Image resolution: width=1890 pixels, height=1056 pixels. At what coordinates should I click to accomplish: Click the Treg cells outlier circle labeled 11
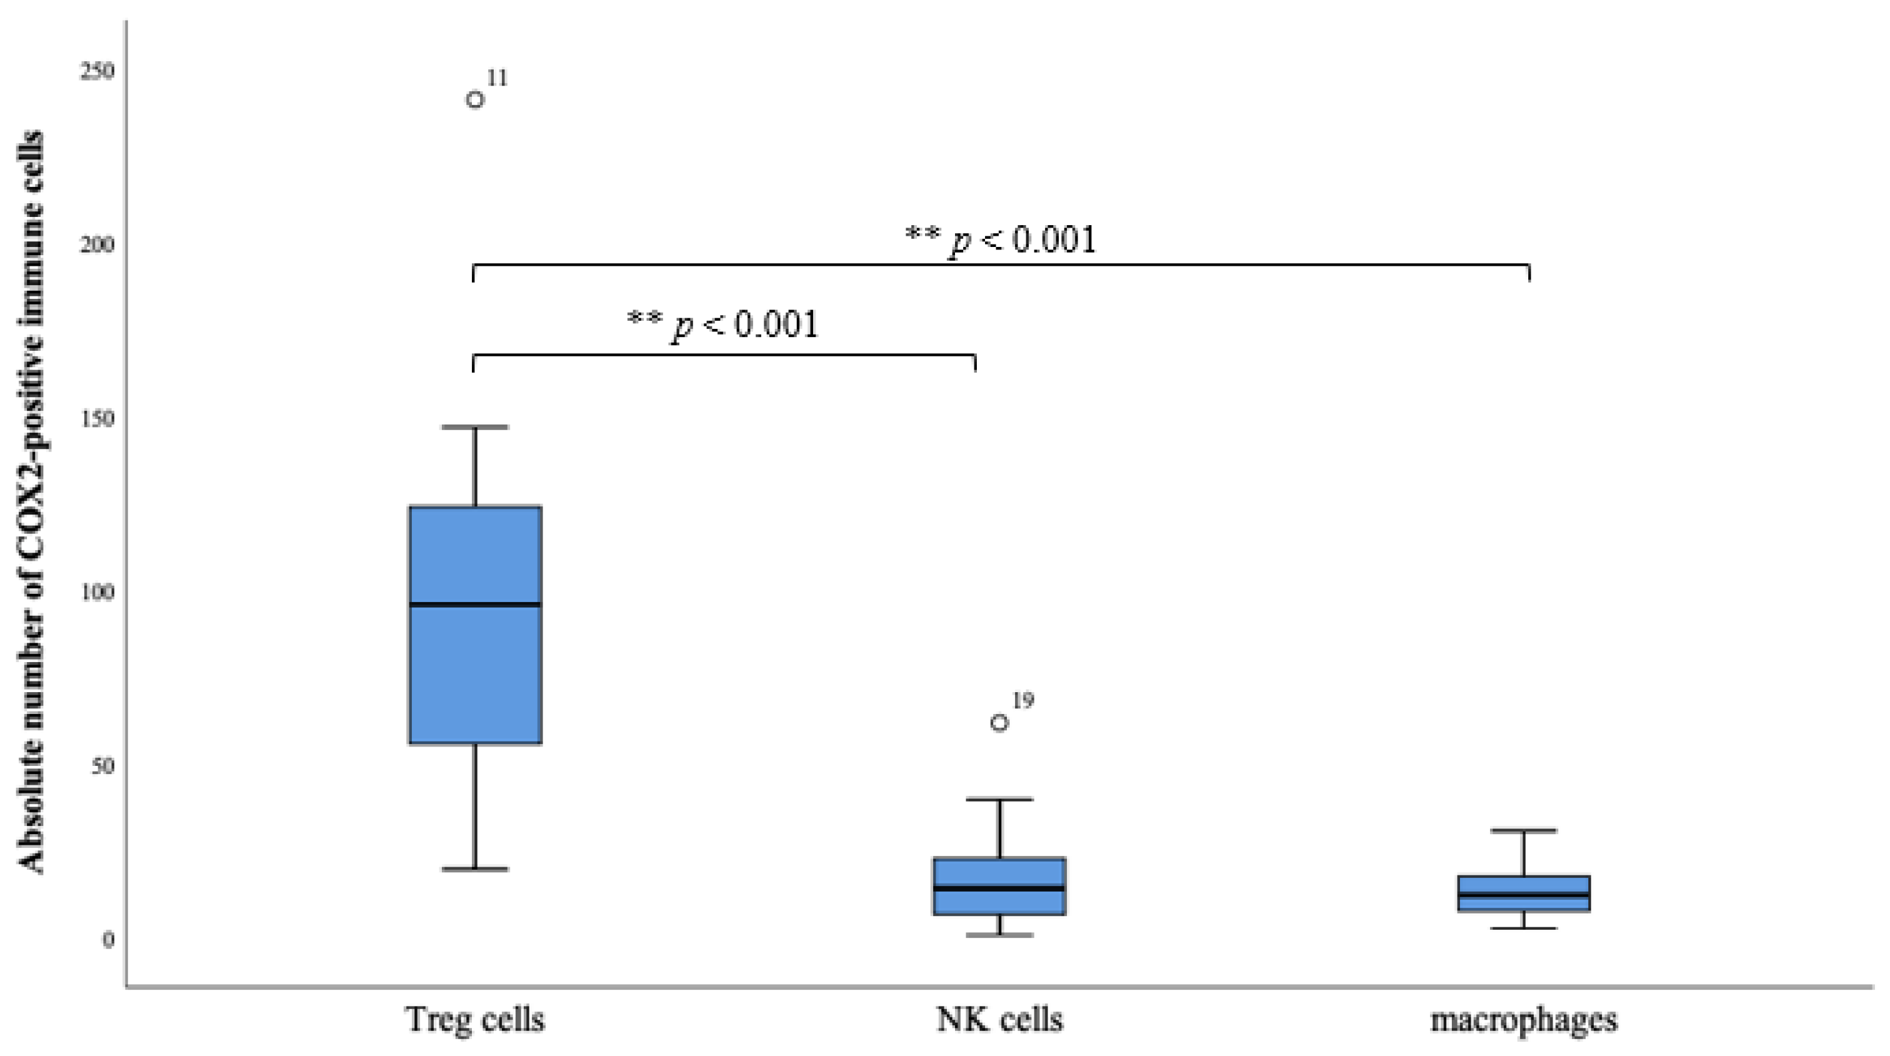coord(476,99)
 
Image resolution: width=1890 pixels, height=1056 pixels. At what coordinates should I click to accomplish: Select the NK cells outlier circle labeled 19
coord(999,723)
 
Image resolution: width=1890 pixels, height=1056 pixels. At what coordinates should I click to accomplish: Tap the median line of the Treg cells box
coord(476,604)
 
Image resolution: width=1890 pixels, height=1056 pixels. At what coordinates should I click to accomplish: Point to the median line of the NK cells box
coord(999,888)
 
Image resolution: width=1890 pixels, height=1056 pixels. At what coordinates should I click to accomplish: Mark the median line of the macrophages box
coord(1524,895)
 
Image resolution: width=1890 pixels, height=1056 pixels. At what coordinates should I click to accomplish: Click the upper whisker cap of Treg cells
coord(476,426)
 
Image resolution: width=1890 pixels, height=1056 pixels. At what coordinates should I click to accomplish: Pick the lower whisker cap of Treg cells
coord(476,869)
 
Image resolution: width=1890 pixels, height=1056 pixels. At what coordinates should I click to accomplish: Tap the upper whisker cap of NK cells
coord(999,799)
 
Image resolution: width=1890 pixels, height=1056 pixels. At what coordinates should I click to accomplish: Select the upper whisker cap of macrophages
coord(1524,831)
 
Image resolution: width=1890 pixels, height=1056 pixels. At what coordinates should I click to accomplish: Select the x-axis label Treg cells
coord(476,1020)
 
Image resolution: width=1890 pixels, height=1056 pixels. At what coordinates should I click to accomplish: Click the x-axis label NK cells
coord(999,1020)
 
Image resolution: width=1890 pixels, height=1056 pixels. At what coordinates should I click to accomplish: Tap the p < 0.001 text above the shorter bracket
coord(722,324)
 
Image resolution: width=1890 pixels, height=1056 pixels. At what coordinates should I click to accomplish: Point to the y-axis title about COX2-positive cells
coord(31,503)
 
